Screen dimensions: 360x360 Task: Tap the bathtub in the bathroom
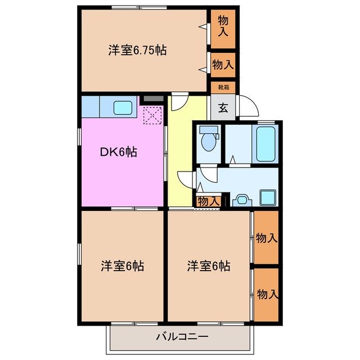pos(265,144)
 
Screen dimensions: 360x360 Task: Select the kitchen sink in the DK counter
pos(122,106)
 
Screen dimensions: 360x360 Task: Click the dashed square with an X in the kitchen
pos(152,116)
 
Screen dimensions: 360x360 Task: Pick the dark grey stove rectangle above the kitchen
pos(152,99)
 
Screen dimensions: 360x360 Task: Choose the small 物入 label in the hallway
pos(208,201)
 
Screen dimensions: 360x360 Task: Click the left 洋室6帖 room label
pos(123,265)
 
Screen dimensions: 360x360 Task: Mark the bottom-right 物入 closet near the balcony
pos(267,294)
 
